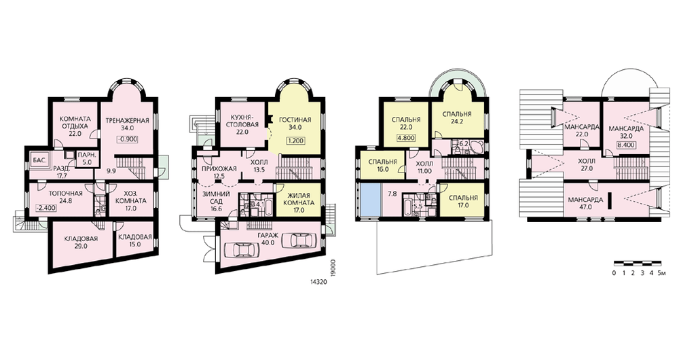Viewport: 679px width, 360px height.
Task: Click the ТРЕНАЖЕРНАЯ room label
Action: coord(128,120)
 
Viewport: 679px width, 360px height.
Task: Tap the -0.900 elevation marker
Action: coord(128,139)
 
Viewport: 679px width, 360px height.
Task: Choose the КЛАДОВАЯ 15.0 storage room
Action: coord(134,240)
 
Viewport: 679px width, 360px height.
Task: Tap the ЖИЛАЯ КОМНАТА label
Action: coord(299,199)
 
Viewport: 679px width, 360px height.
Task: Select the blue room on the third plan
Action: coord(369,199)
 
